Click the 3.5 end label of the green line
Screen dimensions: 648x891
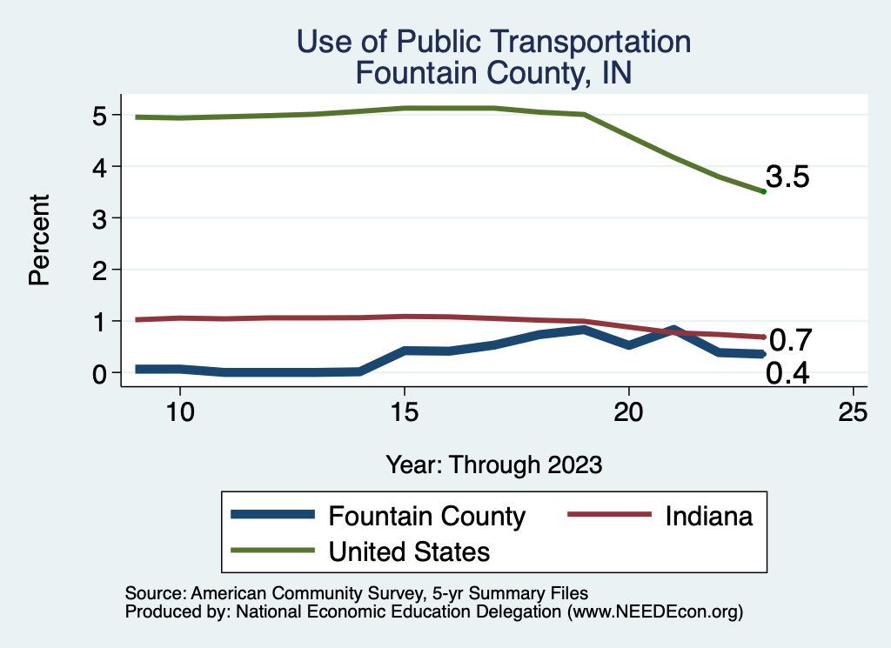pyautogui.click(x=788, y=177)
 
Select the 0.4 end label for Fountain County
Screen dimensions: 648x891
pyautogui.click(x=788, y=374)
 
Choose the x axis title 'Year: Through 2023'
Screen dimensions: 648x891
pyautogui.click(x=494, y=464)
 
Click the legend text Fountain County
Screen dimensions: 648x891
pyautogui.click(x=426, y=517)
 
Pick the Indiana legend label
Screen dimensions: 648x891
pyautogui.click(x=708, y=517)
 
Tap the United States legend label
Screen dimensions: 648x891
pyautogui.click(x=409, y=551)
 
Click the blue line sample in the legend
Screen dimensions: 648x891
pyautogui.click(x=271, y=515)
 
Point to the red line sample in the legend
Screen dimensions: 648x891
pyautogui.click(x=609, y=515)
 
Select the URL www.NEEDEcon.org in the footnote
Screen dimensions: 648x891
pyautogui.click(x=654, y=612)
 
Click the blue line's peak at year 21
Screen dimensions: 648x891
pyautogui.click(x=673, y=330)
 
